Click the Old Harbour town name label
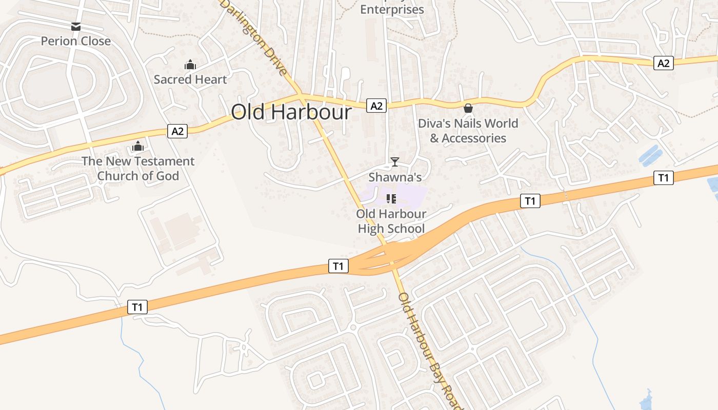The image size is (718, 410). pyautogui.click(x=291, y=112)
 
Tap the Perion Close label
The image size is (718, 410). pyautogui.click(x=76, y=41)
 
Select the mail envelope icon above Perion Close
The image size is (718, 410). pyautogui.click(x=76, y=27)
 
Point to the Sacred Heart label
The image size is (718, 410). pyautogui.click(x=190, y=79)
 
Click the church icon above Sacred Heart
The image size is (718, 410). pyautogui.click(x=190, y=65)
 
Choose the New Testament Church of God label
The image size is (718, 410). pyautogui.click(x=138, y=169)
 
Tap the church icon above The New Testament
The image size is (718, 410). pyautogui.click(x=137, y=147)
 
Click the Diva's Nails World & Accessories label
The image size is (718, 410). pyautogui.click(x=468, y=131)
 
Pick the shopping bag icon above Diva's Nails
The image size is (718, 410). pyautogui.click(x=468, y=108)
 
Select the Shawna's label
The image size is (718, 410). pyautogui.click(x=395, y=177)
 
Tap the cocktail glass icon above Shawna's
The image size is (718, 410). pyautogui.click(x=395, y=162)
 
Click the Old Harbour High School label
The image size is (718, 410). pyautogui.click(x=391, y=221)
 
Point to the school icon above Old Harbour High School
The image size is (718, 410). pyautogui.click(x=391, y=199)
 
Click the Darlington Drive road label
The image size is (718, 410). pyautogui.click(x=254, y=37)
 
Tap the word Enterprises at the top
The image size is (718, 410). pyautogui.click(x=392, y=9)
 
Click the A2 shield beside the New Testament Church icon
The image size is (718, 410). pyautogui.click(x=177, y=131)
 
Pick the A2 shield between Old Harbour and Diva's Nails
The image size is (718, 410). pyautogui.click(x=376, y=106)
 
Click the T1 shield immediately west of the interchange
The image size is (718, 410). pyautogui.click(x=338, y=266)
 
